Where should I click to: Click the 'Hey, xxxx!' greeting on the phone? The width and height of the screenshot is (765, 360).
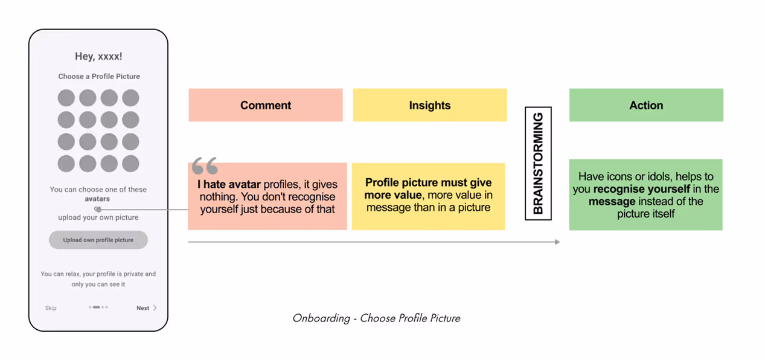98,56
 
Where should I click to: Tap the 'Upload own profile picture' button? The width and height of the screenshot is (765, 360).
98,240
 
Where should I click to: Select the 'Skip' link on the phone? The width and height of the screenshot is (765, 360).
51,308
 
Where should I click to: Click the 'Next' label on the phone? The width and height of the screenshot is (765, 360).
143,308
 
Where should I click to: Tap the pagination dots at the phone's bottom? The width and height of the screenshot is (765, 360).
98,307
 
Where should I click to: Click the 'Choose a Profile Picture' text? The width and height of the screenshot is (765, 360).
99,77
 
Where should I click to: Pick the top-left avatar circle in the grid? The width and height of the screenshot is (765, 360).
66,98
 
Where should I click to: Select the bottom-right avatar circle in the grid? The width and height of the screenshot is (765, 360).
130,163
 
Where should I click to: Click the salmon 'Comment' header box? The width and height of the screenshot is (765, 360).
266,105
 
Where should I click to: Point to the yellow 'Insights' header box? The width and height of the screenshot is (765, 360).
430,105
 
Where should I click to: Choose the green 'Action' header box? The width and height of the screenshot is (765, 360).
646,105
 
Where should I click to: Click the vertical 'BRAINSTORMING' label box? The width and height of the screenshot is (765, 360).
538,163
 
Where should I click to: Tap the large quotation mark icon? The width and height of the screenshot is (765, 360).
205,166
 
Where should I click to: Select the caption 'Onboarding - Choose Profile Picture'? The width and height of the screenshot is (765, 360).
376,318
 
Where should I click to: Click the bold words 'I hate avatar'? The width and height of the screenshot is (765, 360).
229,185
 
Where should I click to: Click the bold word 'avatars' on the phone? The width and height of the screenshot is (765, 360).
97,199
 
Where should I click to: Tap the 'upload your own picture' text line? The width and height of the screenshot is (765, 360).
98,217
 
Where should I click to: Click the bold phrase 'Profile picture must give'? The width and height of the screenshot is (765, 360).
429,182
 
